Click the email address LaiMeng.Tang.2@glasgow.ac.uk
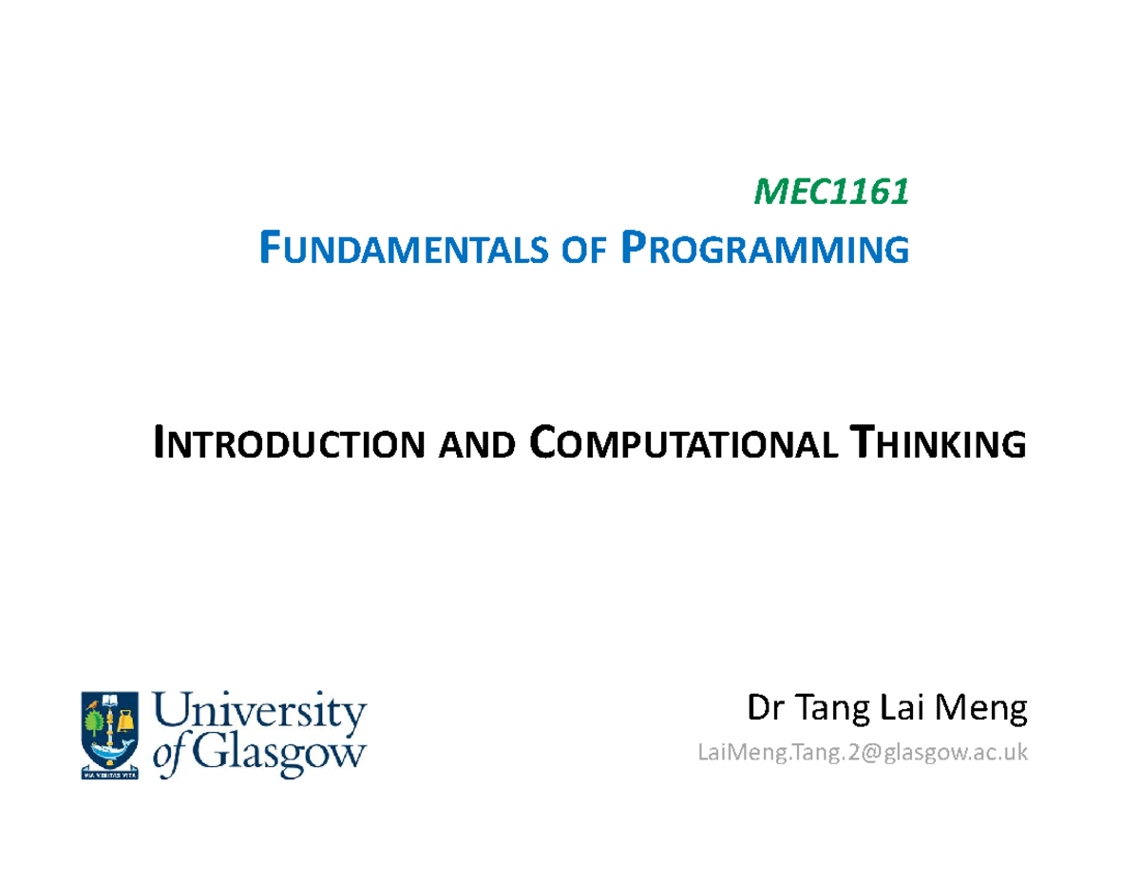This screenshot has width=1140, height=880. pyautogui.click(x=862, y=753)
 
